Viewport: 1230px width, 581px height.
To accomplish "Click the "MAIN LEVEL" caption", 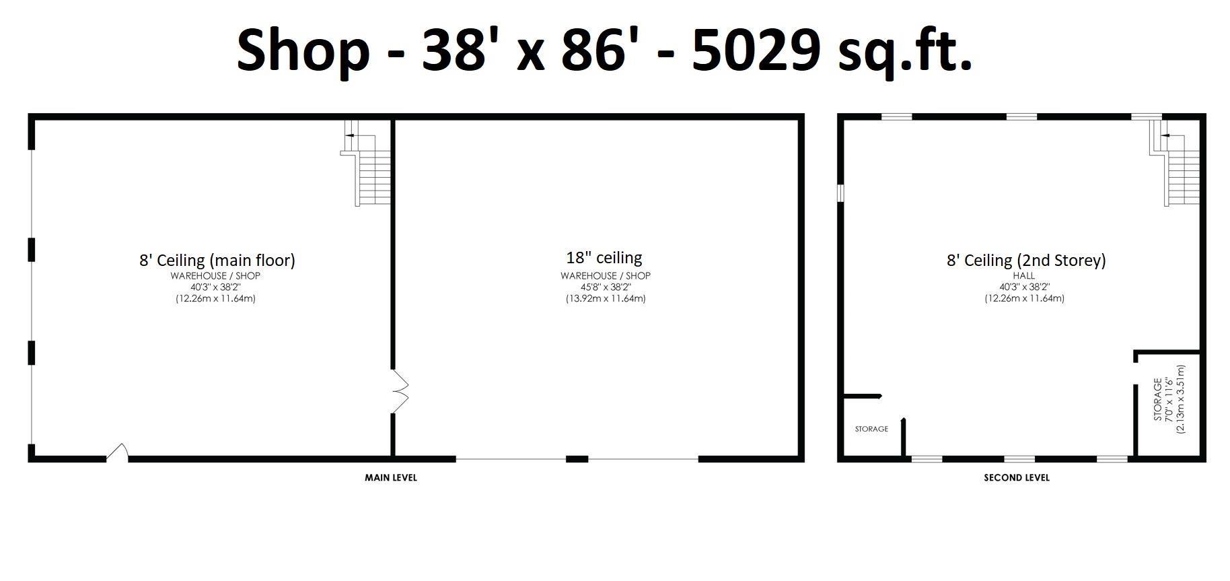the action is (391, 477).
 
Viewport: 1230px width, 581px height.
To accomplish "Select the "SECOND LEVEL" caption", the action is (1017, 477).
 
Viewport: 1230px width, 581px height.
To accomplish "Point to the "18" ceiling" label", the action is (604, 258).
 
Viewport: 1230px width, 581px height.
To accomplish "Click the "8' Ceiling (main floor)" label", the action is (217, 261).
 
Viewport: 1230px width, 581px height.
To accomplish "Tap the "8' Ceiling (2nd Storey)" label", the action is (1026, 261).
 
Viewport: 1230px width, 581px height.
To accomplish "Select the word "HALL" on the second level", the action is (1024, 275).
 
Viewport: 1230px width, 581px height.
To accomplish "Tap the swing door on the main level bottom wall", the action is (118, 452).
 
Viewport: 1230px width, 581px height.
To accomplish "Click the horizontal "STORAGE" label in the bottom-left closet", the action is (871, 429).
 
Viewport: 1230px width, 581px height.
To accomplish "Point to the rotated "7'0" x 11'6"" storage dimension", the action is (1169, 400).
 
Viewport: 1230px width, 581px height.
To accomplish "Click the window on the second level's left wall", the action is (840, 193).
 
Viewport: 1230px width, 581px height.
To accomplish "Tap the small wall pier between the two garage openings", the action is (577, 459).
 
